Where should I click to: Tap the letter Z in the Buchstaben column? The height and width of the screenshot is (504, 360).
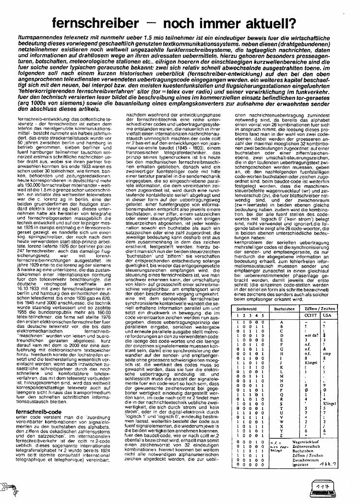coord(287,436)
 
